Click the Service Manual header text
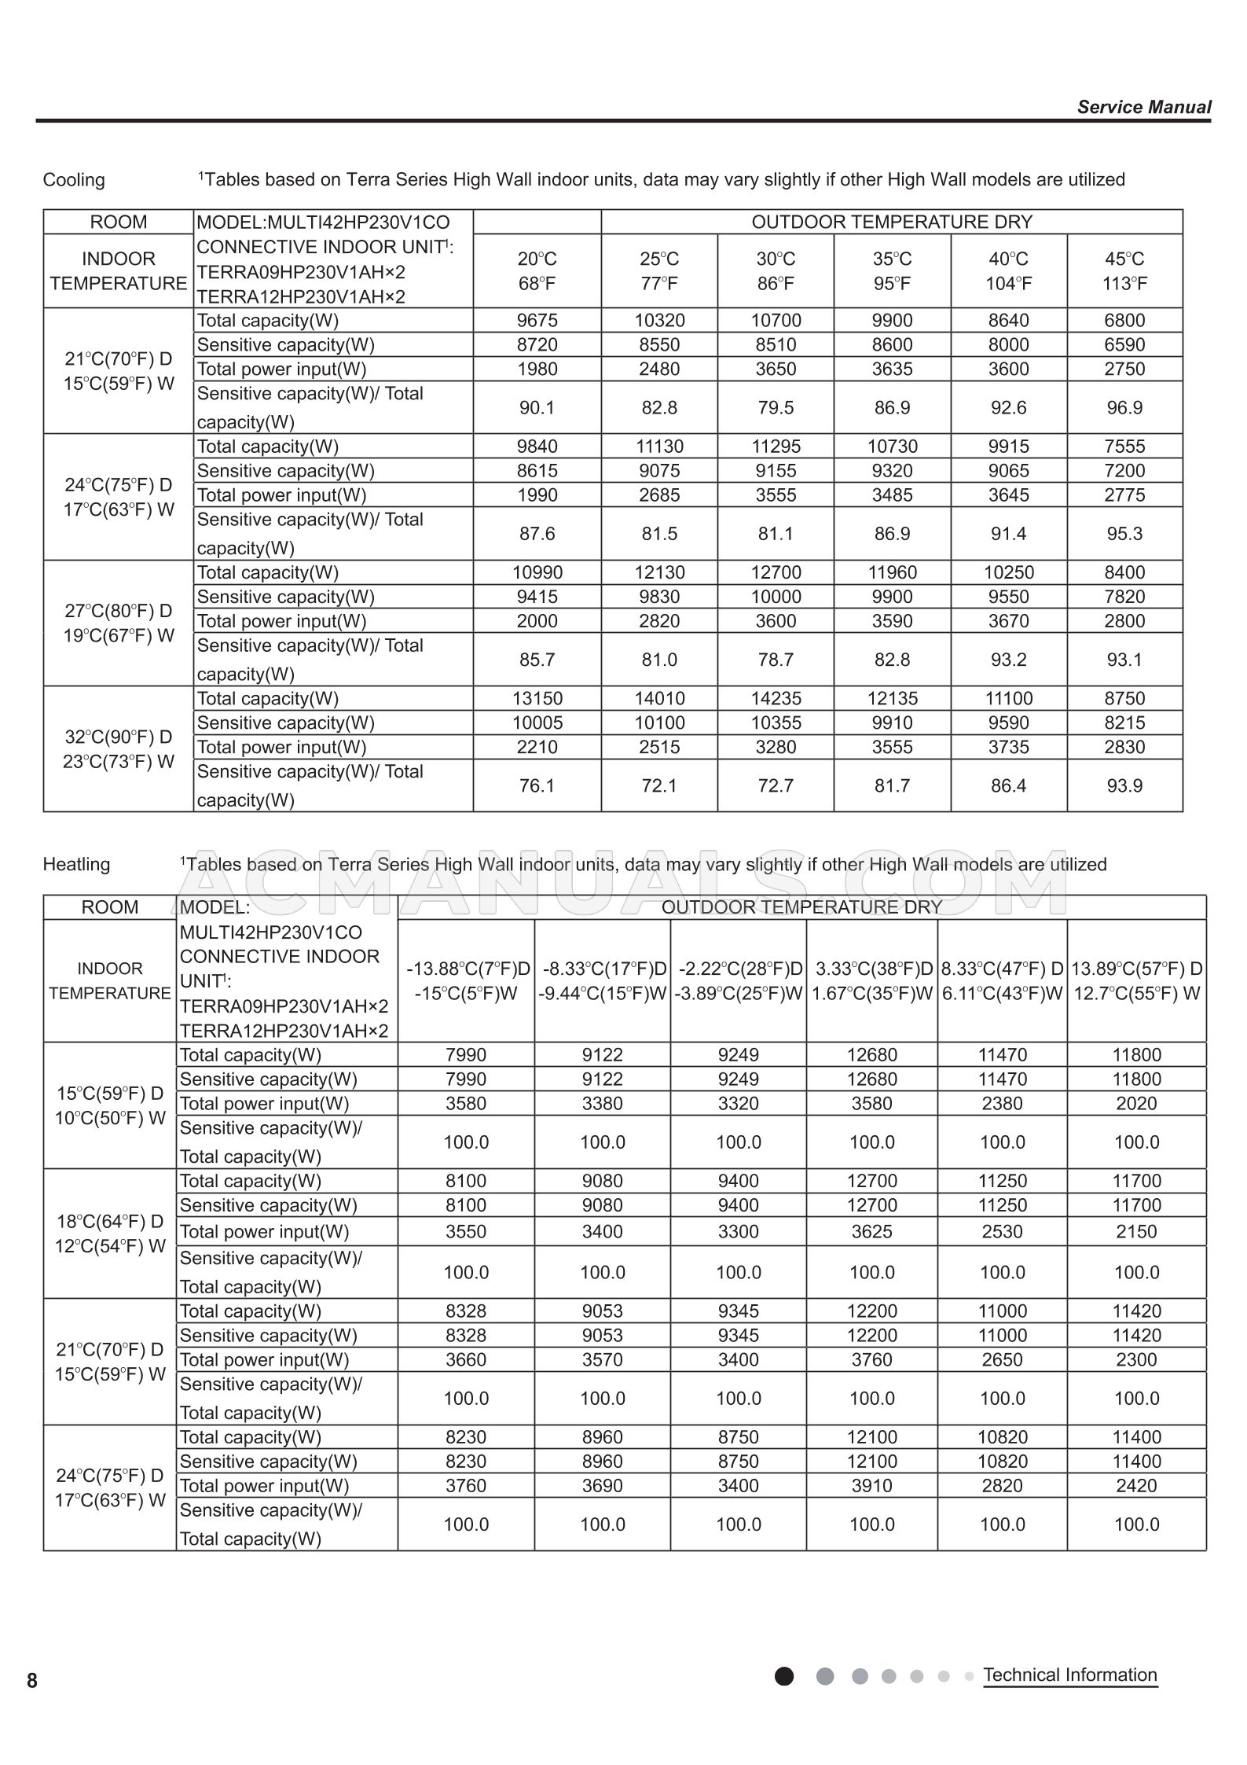click(x=1143, y=107)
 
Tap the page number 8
click(x=32, y=1681)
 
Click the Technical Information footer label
click(x=1069, y=1675)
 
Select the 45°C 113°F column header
click(x=1124, y=270)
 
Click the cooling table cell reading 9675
click(x=537, y=320)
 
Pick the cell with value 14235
click(x=776, y=698)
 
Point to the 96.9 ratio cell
click(x=1124, y=407)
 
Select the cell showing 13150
click(x=537, y=698)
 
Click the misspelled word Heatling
click(x=76, y=864)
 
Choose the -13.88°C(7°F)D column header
click(x=467, y=980)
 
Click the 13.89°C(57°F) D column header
click(x=1136, y=980)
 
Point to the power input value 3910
click(x=871, y=1485)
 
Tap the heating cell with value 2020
click(x=1136, y=1103)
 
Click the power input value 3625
click(x=871, y=1231)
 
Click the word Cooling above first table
click(x=74, y=179)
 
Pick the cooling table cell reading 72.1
click(x=658, y=785)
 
